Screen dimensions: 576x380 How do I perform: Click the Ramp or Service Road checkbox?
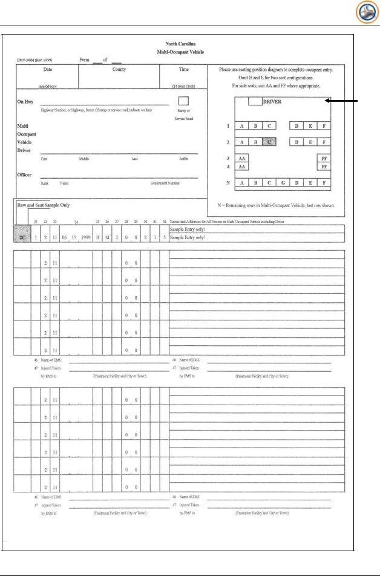point(183,101)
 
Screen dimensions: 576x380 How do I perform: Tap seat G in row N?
point(283,183)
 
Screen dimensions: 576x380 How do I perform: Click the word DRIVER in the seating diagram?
point(272,102)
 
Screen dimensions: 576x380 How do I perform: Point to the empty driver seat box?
point(254,101)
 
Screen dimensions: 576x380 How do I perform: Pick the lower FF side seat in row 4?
point(324,166)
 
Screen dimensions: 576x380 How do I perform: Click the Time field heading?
point(183,70)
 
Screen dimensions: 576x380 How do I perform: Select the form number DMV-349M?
point(28,59)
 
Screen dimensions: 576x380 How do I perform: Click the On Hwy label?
point(25,102)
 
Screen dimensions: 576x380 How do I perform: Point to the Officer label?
point(25,174)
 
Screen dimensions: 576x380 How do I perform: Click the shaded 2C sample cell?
point(24,238)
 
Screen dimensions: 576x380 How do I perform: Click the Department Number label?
point(165,182)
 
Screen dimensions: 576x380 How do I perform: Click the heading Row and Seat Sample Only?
point(42,205)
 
